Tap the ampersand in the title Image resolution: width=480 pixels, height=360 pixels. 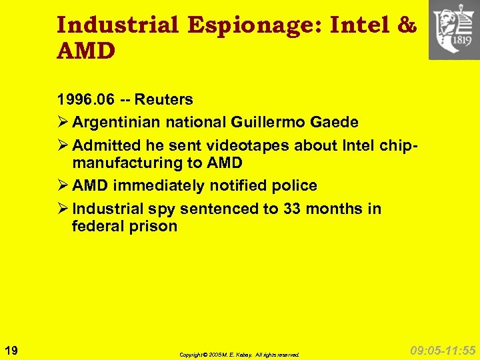(x=406, y=25)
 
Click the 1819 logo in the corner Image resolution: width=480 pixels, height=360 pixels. (x=453, y=30)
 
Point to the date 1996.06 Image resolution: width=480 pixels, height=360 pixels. (x=86, y=100)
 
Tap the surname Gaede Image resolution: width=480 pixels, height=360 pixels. (x=334, y=123)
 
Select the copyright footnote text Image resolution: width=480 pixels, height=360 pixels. (x=239, y=355)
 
